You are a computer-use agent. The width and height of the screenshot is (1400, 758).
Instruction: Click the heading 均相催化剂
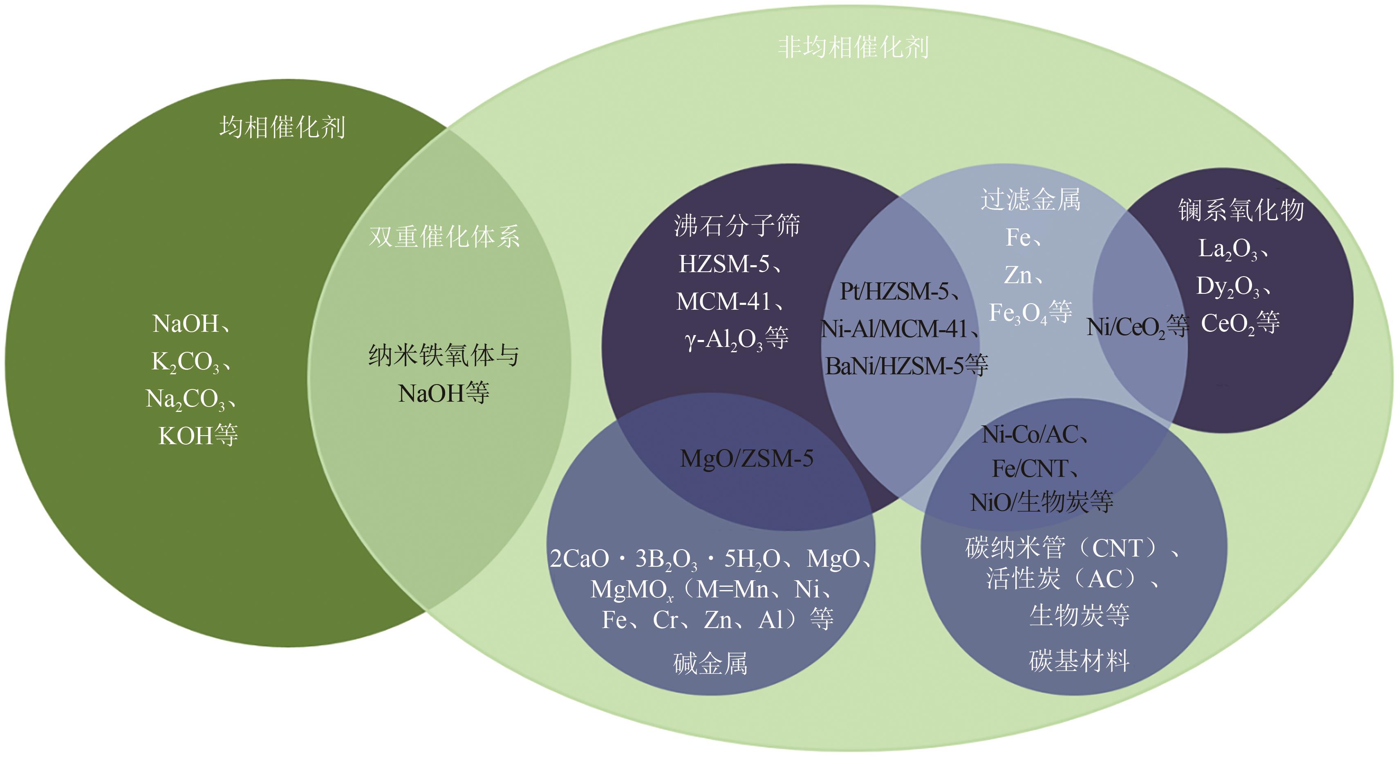point(282,127)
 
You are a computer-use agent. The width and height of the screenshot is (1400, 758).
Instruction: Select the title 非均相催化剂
point(853,48)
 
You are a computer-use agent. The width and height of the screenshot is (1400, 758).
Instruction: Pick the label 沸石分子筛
point(737,226)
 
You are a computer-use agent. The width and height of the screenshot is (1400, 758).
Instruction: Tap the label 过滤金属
point(1030,199)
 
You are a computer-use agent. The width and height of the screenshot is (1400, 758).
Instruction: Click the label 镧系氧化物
point(1241,210)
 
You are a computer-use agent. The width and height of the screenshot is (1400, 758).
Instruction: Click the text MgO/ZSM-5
point(747,458)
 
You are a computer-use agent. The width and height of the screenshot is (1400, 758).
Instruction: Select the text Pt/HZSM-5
point(894,292)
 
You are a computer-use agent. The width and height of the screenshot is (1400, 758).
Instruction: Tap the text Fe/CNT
point(1030,468)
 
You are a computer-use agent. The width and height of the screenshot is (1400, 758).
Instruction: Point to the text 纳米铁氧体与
point(444,356)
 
